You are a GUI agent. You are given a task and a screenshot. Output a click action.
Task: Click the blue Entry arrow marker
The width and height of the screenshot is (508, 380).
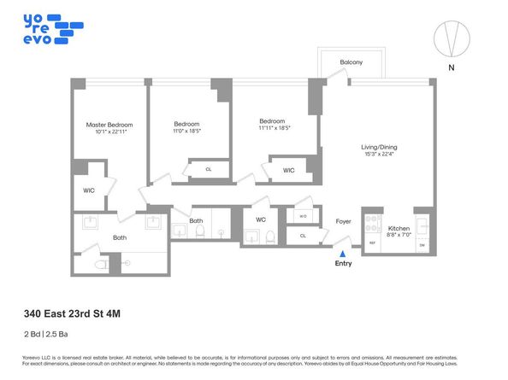point(342,253)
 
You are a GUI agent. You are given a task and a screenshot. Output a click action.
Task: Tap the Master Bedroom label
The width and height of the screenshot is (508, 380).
point(109,126)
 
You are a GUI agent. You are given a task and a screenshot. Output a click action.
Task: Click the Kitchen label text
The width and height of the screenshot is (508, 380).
point(399,228)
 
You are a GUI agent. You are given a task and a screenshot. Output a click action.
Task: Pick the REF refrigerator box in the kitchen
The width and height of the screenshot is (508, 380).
point(372,243)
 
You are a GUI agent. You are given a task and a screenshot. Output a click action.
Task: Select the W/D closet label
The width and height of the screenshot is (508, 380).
point(302,217)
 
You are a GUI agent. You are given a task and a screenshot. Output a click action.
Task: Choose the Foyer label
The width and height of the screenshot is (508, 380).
point(343,221)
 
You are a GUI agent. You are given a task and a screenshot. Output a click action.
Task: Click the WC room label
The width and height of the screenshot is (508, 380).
point(261,219)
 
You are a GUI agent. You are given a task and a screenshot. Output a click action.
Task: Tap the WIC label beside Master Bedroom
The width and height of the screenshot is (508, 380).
point(89,190)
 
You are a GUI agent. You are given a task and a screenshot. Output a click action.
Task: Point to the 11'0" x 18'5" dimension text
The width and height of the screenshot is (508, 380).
point(186,132)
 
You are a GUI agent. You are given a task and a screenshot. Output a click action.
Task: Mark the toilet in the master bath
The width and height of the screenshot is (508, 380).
point(101,265)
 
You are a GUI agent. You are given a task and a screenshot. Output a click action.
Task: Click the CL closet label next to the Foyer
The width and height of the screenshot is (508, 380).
point(302,236)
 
